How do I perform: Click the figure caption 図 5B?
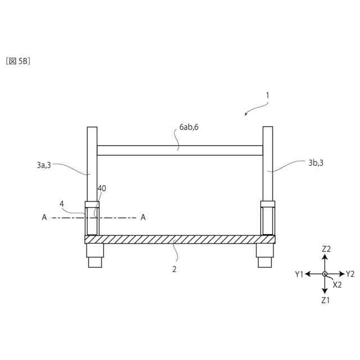[x=18, y=61]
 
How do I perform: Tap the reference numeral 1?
[x=267, y=96]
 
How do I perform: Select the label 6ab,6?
[x=189, y=127]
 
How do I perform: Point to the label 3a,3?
[x=44, y=165]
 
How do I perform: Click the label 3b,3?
[x=316, y=163]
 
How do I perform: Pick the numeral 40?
[x=102, y=188]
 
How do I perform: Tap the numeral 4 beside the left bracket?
[x=61, y=204]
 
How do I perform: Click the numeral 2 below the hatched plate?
[x=174, y=269]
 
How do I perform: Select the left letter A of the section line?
[x=44, y=217]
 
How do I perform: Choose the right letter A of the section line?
[x=143, y=217]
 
